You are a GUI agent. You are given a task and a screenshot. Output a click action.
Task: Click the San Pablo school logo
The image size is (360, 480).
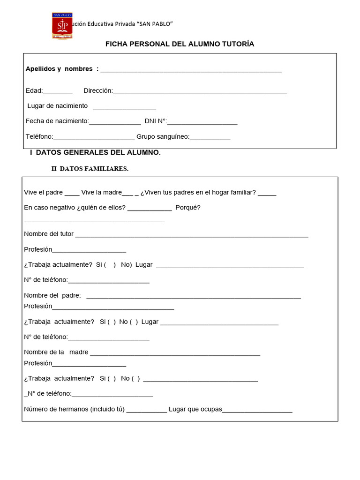[62, 26]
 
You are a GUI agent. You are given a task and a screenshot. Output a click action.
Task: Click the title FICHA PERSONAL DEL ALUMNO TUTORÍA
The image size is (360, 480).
[180, 44]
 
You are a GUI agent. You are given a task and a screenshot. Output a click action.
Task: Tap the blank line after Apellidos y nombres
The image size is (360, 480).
[191, 70]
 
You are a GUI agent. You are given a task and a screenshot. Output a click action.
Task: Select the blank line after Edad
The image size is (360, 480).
[58, 92]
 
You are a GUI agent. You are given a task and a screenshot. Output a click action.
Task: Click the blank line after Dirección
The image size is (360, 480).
[200, 92]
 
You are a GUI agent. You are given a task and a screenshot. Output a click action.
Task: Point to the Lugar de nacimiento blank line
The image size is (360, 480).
[124, 107]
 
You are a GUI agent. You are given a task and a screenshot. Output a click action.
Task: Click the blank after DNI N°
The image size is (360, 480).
[202, 122]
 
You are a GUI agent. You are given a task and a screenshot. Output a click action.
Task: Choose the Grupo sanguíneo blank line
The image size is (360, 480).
[210, 138]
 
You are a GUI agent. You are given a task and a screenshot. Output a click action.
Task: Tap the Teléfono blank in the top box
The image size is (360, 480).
[94, 138]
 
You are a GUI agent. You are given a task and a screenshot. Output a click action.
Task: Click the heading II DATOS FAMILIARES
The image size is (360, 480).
[90, 169]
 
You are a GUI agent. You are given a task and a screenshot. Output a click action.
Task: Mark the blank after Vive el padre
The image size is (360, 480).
[72, 194]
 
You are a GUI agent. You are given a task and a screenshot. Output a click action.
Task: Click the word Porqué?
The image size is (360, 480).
[188, 208]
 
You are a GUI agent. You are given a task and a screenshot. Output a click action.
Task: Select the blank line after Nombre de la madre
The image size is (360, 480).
[175, 353]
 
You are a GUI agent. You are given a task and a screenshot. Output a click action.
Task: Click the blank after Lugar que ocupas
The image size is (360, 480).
[257, 411]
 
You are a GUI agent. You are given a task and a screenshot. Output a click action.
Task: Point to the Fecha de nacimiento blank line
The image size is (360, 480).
[115, 122]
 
